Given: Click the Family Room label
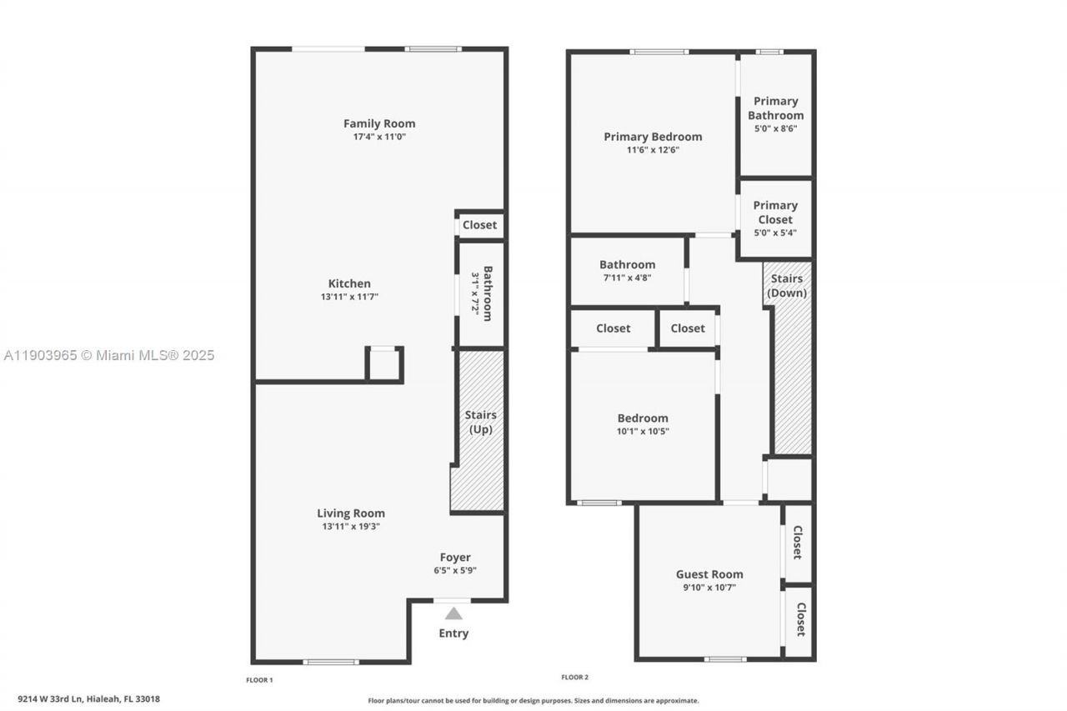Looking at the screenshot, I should pyautogui.click(x=379, y=123).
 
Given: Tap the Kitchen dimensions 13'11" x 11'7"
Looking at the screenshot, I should pyautogui.click(x=349, y=297).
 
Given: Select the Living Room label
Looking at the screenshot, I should pyautogui.click(x=351, y=513).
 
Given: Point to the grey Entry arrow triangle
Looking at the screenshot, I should pyautogui.click(x=453, y=613).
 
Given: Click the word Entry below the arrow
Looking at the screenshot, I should pyautogui.click(x=453, y=633).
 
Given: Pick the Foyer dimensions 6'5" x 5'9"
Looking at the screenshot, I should pyautogui.click(x=455, y=571).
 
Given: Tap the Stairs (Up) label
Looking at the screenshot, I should pyautogui.click(x=480, y=422).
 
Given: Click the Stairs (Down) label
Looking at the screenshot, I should pyautogui.click(x=787, y=286).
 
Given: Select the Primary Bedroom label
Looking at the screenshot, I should pyautogui.click(x=653, y=137).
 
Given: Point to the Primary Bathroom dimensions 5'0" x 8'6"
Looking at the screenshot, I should pyautogui.click(x=775, y=129).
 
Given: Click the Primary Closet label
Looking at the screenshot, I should pyautogui.click(x=775, y=212).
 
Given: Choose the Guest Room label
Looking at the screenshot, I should pyautogui.click(x=709, y=574).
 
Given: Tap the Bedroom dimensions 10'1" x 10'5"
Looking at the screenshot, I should pyautogui.click(x=643, y=432).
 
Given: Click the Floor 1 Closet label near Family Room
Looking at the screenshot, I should pyautogui.click(x=479, y=225).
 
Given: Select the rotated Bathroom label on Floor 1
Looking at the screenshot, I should pyautogui.click(x=488, y=293).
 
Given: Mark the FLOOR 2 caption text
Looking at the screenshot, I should pyautogui.click(x=575, y=678).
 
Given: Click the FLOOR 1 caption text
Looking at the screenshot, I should pyautogui.click(x=259, y=680).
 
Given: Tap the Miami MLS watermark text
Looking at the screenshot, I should pyautogui.click(x=109, y=355).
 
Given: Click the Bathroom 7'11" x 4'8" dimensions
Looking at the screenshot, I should pyautogui.click(x=627, y=278).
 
